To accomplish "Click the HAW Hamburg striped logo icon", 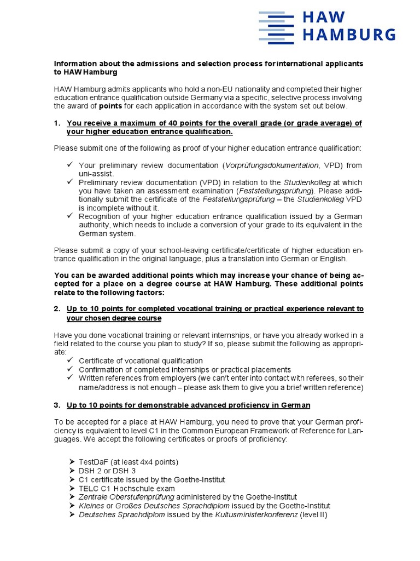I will pyautogui.click(x=276, y=27).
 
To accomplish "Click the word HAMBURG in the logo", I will pyautogui.click(x=349, y=35).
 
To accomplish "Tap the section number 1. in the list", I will pyautogui.click(x=57, y=123).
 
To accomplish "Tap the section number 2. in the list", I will pyautogui.click(x=57, y=309).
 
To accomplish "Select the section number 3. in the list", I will pyautogui.click(x=57, y=405).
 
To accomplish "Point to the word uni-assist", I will pyautogui.click(x=96, y=174).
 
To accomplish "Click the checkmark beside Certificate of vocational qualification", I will pyautogui.click(x=69, y=360).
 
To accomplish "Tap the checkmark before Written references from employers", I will pyautogui.click(x=69, y=378).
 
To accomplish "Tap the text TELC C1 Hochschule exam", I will pyautogui.click(x=127, y=488).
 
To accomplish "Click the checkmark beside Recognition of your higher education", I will pyautogui.click(x=69, y=216).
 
